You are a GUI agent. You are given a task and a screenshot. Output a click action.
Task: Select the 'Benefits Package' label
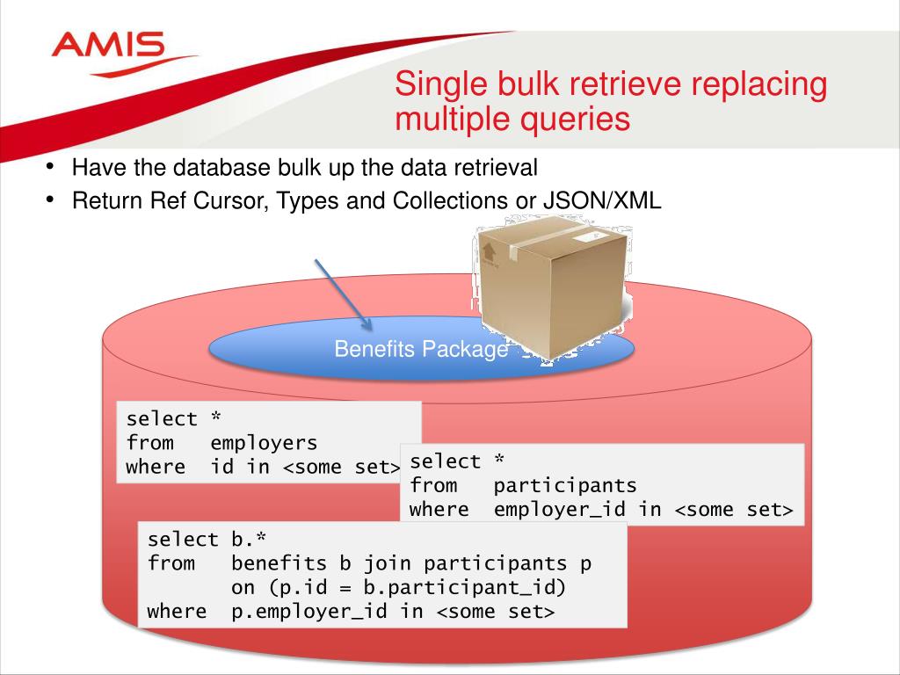[x=420, y=349]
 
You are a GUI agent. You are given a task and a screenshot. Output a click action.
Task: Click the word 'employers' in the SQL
[x=264, y=443]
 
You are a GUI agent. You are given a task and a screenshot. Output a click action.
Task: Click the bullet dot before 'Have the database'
[x=52, y=166]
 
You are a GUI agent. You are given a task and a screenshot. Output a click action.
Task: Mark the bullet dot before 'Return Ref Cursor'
[x=52, y=200]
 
